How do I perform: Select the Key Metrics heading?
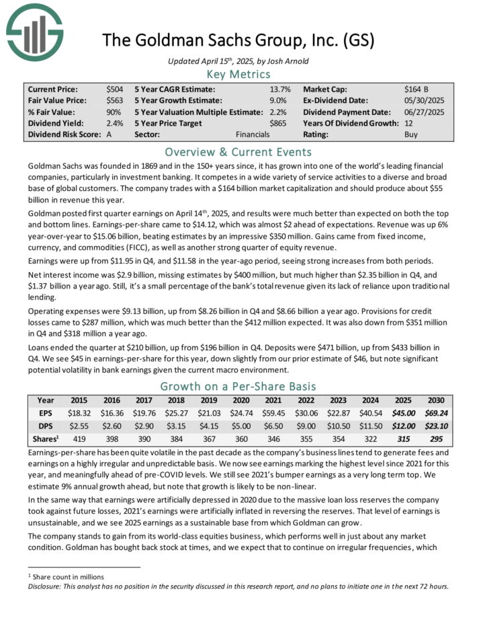[238, 74]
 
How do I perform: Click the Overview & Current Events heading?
[238, 151]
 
